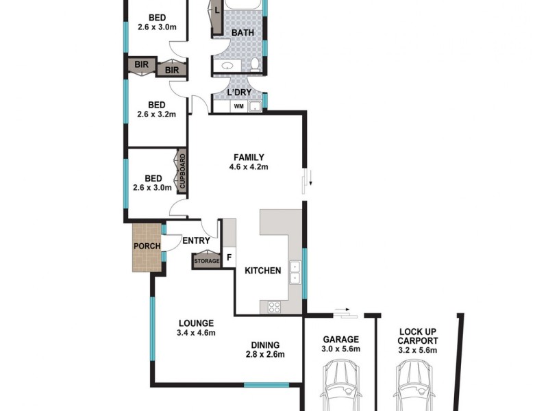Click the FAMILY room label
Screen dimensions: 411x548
[248, 157]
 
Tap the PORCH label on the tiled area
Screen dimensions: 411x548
[147, 247]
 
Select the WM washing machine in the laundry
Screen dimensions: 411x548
[239, 106]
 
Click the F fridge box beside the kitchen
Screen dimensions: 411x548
[229, 258]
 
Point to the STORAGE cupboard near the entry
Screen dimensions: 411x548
[206, 261]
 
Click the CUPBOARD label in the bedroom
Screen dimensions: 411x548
[183, 172]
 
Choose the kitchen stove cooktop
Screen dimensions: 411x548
[274, 307]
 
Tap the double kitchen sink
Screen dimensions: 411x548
[295, 273]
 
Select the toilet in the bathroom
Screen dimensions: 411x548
[255, 65]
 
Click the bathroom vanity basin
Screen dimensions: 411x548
[227, 66]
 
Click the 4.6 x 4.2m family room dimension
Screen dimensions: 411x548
[248, 166]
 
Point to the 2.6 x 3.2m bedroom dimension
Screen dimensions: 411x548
[158, 114]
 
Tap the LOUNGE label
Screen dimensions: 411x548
[197, 323]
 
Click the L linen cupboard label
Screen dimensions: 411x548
[216, 10]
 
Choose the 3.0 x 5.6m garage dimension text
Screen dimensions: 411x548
[340, 349]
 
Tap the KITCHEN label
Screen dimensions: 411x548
[263, 271]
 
